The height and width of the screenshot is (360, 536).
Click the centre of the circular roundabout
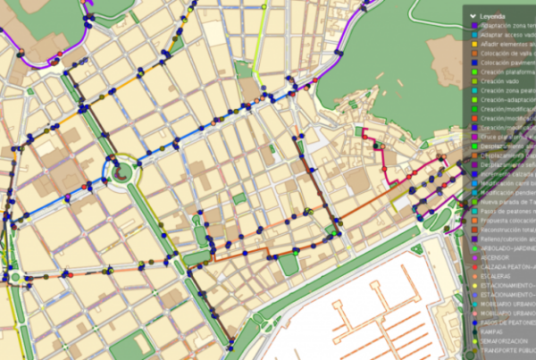pyautogui.click(x=121, y=172)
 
